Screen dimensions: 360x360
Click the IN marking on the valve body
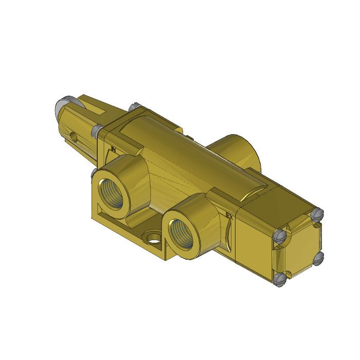tap(114, 150)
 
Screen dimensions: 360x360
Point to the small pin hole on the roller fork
tap(76, 137)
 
